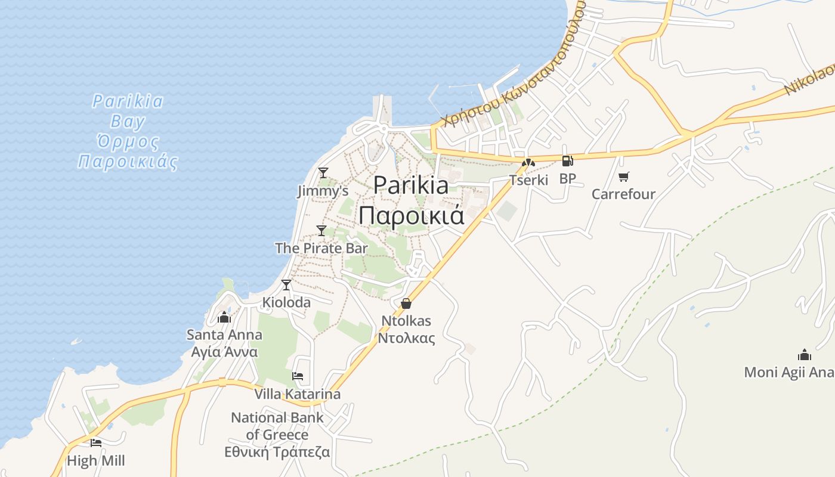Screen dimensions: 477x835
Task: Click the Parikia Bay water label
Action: [x=128, y=131]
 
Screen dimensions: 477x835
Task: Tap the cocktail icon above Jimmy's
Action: [x=323, y=173]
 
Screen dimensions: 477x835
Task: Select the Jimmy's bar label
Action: [x=323, y=191]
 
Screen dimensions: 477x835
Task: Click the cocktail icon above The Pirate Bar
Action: [x=321, y=231]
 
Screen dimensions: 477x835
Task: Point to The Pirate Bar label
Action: [x=321, y=248]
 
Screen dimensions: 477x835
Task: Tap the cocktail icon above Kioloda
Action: [x=286, y=285]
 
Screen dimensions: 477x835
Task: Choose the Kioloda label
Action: [x=286, y=302]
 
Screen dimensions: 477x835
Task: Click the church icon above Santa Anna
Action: [x=224, y=317]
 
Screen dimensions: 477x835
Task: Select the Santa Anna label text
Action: [x=224, y=343]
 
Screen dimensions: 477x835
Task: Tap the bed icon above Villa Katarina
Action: [x=298, y=376]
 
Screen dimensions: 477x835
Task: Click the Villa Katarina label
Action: [x=298, y=394]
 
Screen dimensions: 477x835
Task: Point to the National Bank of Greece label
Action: [x=277, y=435]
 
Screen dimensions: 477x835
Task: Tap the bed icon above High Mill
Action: [x=96, y=443]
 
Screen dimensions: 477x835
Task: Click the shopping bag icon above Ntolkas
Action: [x=406, y=303]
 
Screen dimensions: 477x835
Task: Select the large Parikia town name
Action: [x=412, y=200]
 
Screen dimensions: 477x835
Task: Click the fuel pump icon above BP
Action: [x=567, y=161]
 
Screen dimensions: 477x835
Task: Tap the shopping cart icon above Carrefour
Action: [x=624, y=176]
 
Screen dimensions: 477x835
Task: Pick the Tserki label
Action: [x=528, y=179]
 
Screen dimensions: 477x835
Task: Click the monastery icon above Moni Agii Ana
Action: [x=805, y=355]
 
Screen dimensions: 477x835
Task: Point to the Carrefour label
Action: [x=623, y=194]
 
